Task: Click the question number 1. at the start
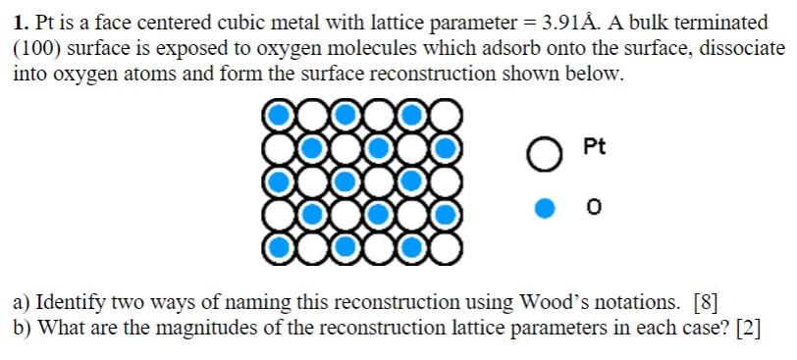click(21, 21)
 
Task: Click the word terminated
click(721, 21)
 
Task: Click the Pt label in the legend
click(594, 148)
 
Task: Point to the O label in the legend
click(593, 208)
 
